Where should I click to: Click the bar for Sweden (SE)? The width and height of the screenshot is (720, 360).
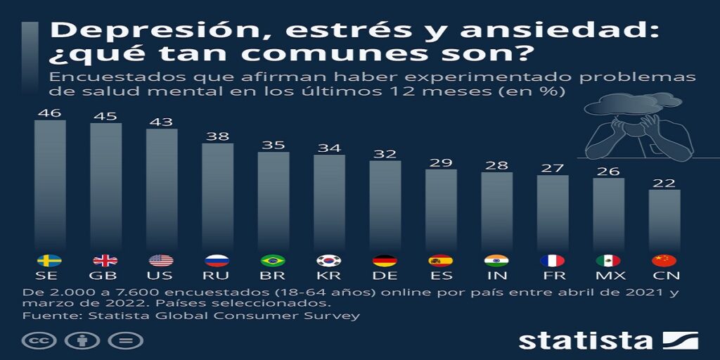50,183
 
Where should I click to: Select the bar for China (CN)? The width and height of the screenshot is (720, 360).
664,218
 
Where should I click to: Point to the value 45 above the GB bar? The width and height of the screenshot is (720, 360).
105,115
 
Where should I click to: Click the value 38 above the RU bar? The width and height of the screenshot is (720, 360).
218,136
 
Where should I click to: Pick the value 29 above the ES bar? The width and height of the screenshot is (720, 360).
441,162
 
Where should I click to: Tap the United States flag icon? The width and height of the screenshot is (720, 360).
162,260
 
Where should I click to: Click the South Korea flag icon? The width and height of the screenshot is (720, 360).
329,260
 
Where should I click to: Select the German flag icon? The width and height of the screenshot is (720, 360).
385,260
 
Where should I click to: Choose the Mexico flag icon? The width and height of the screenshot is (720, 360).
609,260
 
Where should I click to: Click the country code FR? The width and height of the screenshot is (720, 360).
553,276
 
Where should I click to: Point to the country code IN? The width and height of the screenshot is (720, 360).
497,276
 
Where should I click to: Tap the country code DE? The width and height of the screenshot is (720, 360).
385,276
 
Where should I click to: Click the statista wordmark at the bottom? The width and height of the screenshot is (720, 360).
586,340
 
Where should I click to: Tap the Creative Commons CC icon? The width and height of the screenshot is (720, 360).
39,341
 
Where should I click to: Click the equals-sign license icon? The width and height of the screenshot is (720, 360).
125,341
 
